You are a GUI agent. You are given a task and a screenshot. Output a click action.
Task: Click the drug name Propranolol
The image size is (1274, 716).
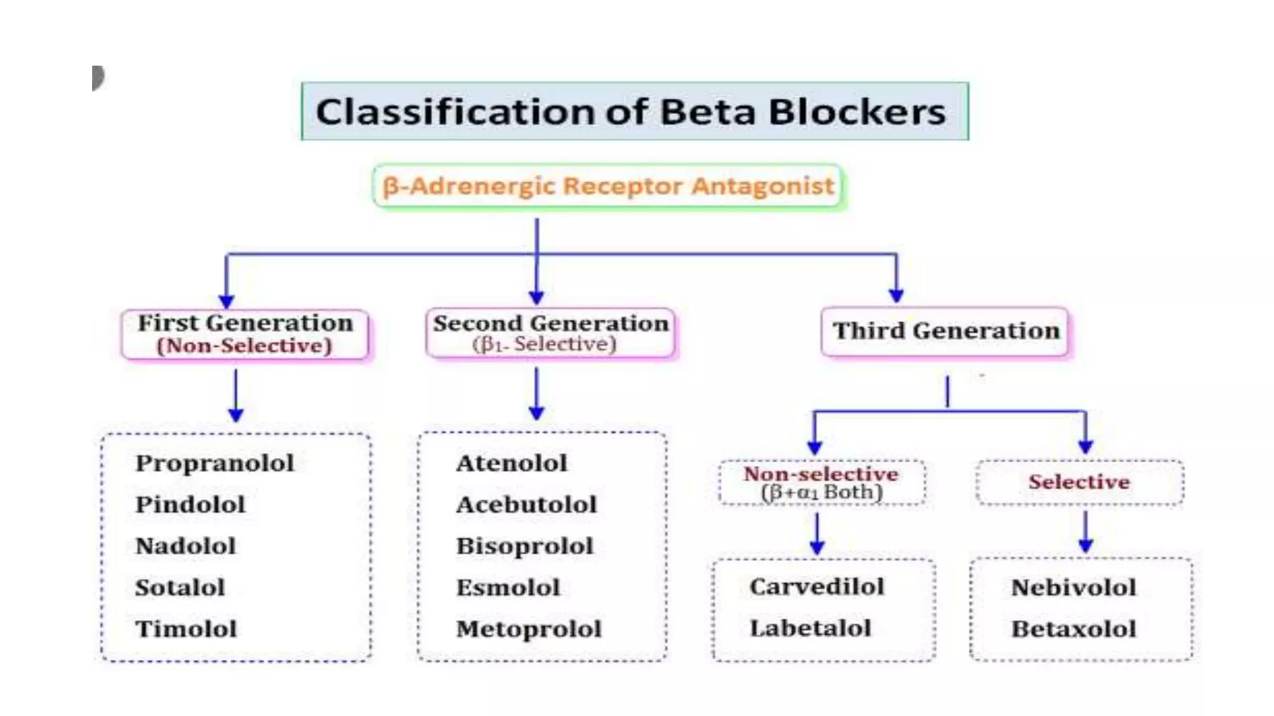215,463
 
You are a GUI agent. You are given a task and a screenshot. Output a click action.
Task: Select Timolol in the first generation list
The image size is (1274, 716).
186,629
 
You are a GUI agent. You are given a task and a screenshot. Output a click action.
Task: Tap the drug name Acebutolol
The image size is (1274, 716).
526,505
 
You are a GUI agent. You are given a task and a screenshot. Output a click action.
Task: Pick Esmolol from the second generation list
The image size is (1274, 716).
508,587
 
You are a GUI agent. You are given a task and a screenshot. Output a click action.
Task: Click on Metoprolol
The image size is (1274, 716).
529,629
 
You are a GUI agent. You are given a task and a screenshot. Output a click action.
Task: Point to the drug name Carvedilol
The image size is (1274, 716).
817,587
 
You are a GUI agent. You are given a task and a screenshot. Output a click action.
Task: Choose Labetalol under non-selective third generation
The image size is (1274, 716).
810,628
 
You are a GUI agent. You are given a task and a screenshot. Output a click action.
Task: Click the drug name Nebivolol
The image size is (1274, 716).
1074,587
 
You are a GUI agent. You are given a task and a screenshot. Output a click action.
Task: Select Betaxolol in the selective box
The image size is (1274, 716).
1074,629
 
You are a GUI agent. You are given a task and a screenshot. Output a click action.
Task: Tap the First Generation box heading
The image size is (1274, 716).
245,324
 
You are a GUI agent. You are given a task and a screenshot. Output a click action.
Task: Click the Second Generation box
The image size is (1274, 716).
551,333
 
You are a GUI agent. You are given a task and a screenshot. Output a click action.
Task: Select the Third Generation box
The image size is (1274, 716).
946,331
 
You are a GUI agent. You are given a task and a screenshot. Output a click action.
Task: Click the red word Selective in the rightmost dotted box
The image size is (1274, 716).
1079,482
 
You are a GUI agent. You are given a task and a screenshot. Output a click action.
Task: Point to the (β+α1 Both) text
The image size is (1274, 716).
822,493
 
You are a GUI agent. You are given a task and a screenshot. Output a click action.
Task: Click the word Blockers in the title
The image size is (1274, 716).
857,112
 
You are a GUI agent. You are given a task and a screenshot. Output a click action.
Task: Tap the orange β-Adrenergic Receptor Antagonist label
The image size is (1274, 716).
608,186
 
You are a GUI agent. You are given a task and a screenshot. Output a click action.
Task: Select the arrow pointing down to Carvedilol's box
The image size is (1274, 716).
817,535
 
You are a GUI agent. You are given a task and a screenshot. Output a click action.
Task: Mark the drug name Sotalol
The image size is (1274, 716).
180,587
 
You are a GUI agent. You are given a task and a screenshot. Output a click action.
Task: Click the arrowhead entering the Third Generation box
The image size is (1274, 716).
896,295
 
